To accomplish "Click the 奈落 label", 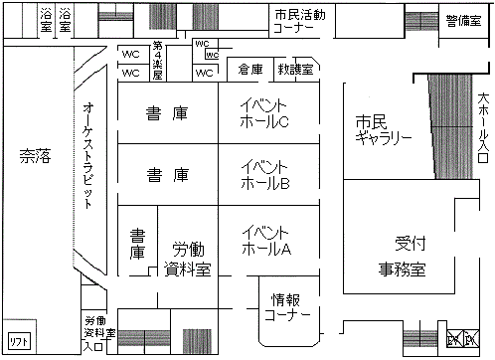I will (x=38, y=155).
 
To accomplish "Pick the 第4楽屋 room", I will (x=156, y=61).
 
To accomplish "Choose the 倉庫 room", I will (x=250, y=70).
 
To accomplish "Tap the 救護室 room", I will (x=296, y=70).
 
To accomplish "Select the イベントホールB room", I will (x=264, y=174).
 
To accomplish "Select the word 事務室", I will (x=402, y=269).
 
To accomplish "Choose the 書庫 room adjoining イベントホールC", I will (x=167, y=112).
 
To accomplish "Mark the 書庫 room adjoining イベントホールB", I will (x=167, y=175).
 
